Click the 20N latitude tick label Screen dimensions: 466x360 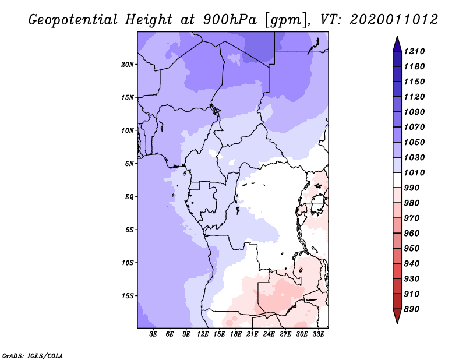click(127, 65)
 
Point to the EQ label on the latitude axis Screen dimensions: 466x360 click(129, 197)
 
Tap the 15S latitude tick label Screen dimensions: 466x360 click(128, 296)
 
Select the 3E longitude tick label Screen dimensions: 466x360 click(153, 334)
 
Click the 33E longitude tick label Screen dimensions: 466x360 click(318, 334)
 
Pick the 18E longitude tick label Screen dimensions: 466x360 click(236, 334)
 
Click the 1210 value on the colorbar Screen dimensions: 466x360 click(414, 51)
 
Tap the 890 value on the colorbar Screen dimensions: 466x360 click(412, 309)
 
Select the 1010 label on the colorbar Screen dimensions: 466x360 click(414, 172)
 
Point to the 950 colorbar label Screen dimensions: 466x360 click(412, 249)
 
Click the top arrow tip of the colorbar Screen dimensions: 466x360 click(397, 36)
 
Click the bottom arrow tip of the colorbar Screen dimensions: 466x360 click(397, 323)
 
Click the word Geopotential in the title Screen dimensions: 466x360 click(73, 20)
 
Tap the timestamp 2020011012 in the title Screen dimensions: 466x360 click(394, 20)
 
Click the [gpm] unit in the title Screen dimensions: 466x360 click(286, 20)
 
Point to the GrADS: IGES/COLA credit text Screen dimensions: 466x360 click(33, 356)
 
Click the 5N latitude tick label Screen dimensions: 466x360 click(129, 164)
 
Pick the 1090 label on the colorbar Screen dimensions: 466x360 click(414, 112)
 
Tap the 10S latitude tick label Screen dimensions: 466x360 click(128, 263)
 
